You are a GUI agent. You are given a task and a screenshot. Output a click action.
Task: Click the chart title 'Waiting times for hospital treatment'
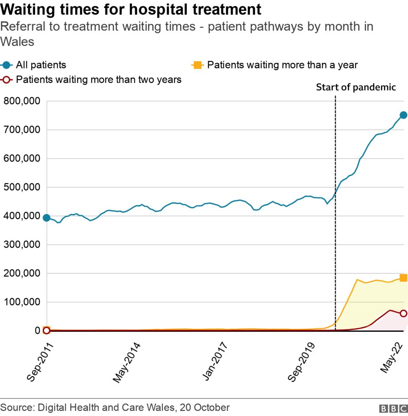[131, 9]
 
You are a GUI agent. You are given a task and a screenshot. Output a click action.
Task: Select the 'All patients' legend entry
[41, 65]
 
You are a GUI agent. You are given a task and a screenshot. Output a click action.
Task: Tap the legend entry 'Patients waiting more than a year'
[282, 65]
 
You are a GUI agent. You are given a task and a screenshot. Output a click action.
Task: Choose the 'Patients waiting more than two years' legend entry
[98, 80]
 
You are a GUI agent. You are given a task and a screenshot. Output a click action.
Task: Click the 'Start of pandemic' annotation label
[355, 87]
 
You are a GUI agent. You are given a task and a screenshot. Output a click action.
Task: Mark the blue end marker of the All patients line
[403, 115]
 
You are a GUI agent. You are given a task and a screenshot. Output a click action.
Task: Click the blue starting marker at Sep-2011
[46, 218]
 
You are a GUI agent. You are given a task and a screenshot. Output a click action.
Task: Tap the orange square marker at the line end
[403, 278]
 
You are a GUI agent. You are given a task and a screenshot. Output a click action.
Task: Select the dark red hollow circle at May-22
[403, 313]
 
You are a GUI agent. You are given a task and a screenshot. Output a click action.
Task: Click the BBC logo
[393, 408]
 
